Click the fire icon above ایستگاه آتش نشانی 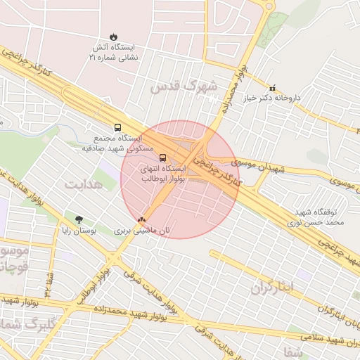pos(114,37)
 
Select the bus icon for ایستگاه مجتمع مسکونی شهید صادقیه pos(117,128)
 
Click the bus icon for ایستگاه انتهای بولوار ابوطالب pos(163,157)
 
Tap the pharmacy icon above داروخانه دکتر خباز pos(273,89)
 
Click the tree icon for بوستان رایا pos(79,219)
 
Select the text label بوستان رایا pos(79,231)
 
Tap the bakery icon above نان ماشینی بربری pos(143,220)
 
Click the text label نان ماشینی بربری pos(143,231)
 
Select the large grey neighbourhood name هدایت pos(84,184)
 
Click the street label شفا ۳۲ pos(48,281)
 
